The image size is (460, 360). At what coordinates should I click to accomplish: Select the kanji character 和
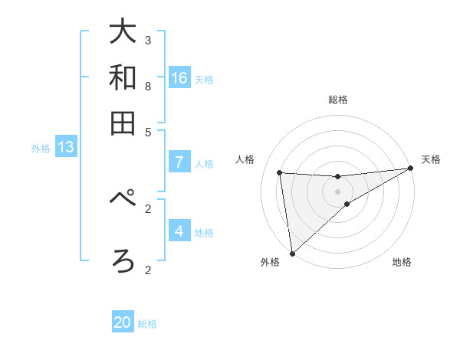click(x=123, y=77)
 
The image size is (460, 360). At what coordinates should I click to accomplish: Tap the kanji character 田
click(x=123, y=123)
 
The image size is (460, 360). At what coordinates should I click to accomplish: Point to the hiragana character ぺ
click(x=123, y=201)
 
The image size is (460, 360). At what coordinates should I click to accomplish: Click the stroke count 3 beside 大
click(x=148, y=40)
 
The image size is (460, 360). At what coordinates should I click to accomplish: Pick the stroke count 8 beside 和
click(x=148, y=86)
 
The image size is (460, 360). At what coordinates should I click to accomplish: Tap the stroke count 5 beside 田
click(x=148, y=131)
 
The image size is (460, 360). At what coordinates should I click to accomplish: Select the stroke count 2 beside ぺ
click(x=148, y=208)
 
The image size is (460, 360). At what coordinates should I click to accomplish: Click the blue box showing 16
click(x=179, y=78)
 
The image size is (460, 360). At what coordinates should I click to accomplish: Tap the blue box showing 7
click(x=179, y=162)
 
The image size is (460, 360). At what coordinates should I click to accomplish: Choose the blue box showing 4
click(x=179, y=231)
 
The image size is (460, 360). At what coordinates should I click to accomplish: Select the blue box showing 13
click(x=66, y=147)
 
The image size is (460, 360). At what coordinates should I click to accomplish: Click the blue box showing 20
click(x=123, y=322)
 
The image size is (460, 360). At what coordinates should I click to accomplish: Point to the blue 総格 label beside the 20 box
click(x=147, y=324)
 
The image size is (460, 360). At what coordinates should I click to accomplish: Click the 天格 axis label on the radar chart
click(x=431, y=159)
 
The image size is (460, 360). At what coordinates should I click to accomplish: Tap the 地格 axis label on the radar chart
click(x=402, y=262)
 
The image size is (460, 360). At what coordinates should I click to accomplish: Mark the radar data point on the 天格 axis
click(x=410, y=169)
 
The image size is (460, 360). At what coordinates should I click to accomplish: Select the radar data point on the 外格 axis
click(x=292, y=254)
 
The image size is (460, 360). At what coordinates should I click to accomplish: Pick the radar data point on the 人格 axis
click(x=280, y=172)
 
